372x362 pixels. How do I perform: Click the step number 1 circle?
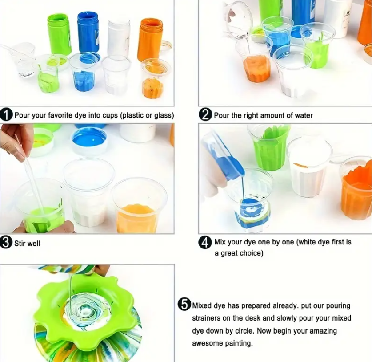pyautogui.click(x=7, y=115)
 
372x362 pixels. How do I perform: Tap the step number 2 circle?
pyautogui.click(x=205, y=115)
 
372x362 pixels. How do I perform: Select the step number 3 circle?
pyautogui.click(x=7, y=243)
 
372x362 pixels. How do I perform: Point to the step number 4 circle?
pyautogui.click(x=205, y=243)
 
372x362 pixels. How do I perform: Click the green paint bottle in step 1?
pyautogui.click(x=59, y=34)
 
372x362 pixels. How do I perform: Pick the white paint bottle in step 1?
pyautogui.click(x=119, y=37)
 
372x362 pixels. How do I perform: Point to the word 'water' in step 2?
pyautogui.click(x=303, y=115)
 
